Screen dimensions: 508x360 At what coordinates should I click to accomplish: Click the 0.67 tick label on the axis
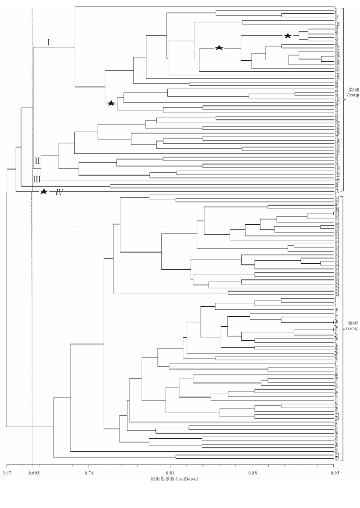(6, 473)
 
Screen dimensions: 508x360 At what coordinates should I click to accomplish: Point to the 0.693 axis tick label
(32, 473)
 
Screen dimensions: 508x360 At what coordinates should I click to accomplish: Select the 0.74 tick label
(89, 473)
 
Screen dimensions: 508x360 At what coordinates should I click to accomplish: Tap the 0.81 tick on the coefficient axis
(170, 473)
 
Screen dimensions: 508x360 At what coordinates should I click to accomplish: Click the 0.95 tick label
(334, 473)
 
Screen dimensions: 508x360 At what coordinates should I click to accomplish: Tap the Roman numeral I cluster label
(48, 42)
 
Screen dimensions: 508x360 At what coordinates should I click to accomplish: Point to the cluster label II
(37, 161)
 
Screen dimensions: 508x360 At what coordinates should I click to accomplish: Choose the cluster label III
(37, 178)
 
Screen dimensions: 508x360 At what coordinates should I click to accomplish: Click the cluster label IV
(58, 193)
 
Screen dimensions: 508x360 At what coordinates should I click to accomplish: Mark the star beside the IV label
(43, 192)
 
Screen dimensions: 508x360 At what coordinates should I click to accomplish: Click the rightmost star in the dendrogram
(288, 36)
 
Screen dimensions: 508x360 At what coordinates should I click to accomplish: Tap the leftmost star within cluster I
(111, 103)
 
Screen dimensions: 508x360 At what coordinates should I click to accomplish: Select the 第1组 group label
(353, 89)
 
